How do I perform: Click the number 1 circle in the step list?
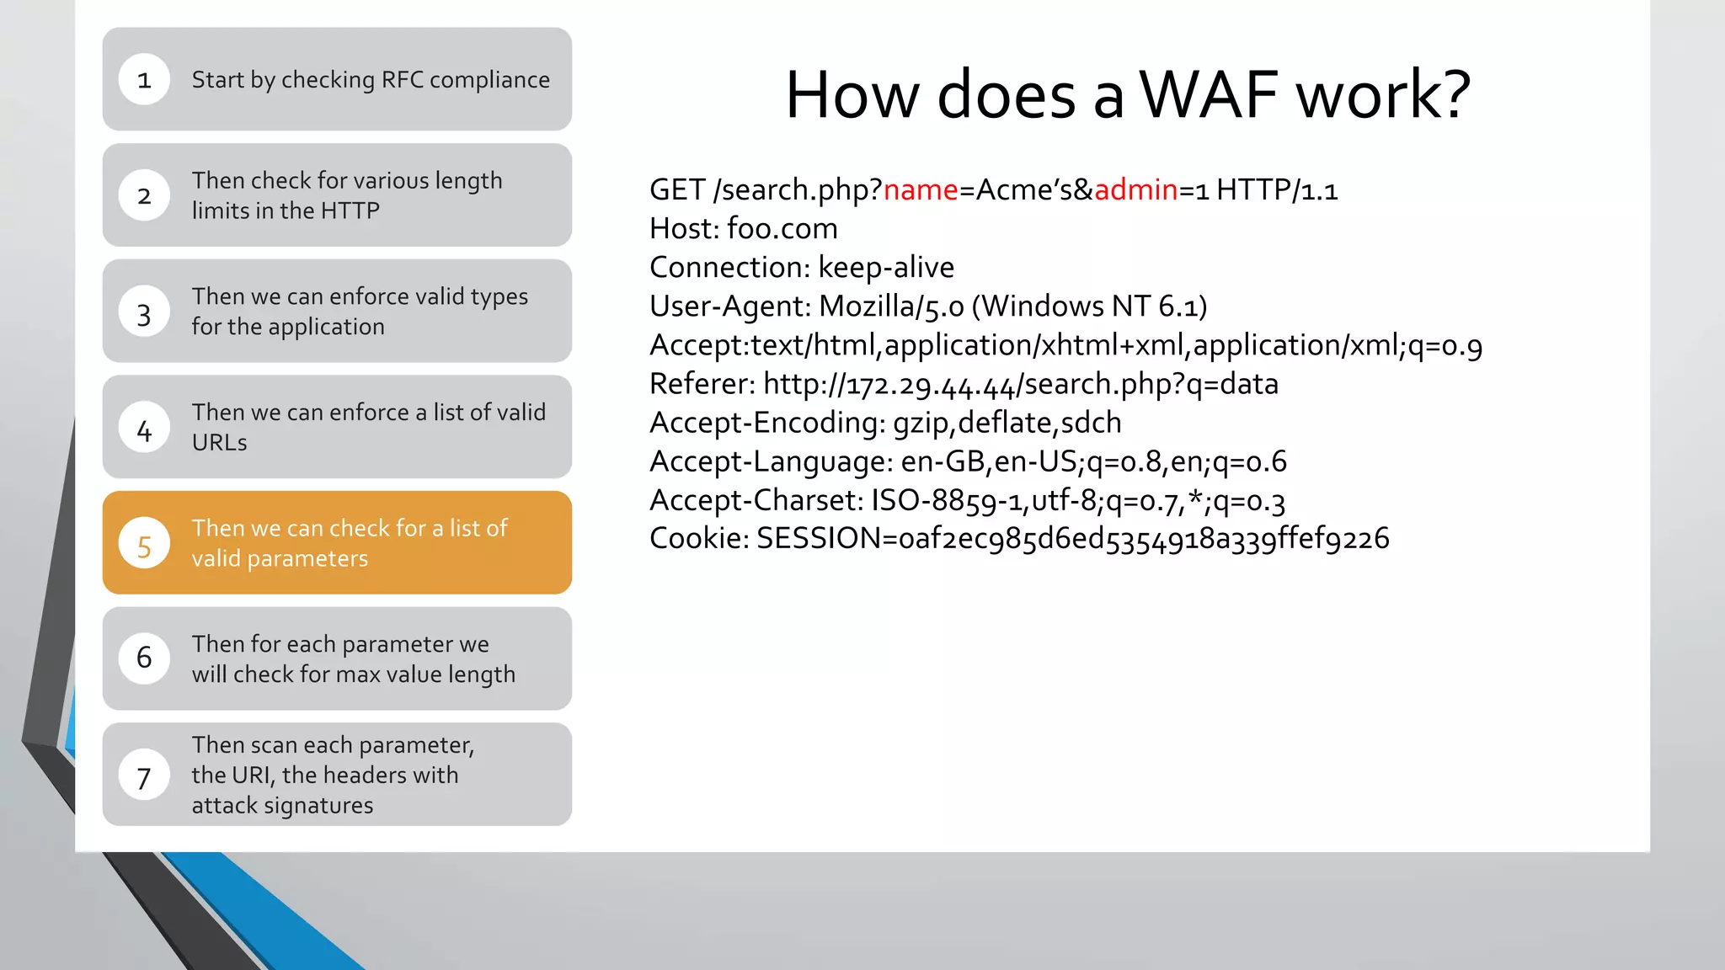(144, 80)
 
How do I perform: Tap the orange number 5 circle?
(144, 544)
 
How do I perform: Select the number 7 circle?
(144, 775)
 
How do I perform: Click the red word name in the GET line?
(921, 190)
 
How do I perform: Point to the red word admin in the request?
(1135, 190)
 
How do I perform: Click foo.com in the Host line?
(782, 229)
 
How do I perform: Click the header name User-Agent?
(729, 306)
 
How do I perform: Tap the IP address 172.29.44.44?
(930, 385)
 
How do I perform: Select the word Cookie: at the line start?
(699, 539)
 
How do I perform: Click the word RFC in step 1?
(402, 80)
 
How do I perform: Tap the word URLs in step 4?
(219, 443)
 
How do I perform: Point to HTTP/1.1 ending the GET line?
(1276, 190)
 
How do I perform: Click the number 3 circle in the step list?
(144, 312)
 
